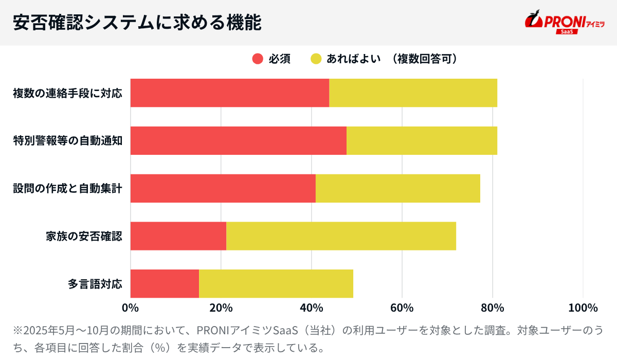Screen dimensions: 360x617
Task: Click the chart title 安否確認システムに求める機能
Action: point(137,23)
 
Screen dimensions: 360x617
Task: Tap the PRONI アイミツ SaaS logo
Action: point(564,23)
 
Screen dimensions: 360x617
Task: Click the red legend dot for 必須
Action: point(258,59)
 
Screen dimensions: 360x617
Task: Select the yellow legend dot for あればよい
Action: point(316,59)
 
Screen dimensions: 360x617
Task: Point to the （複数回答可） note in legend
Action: point(422,59)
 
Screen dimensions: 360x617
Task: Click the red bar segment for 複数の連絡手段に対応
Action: point(229,93)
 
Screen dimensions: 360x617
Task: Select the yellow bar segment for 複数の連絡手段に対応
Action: point(413,93)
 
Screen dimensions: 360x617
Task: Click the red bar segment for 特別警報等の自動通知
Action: point(238,140)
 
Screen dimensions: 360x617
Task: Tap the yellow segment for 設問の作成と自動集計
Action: point(397,188)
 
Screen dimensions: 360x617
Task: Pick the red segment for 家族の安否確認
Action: point(178,236)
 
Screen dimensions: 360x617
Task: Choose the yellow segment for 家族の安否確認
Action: point(341,236)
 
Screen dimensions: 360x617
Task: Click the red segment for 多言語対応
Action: point(165,283)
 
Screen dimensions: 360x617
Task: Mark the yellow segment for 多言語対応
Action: point(276,283)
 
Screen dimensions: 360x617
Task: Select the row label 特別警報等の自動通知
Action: point(67,140)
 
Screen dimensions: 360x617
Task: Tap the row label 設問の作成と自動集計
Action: point(67,188)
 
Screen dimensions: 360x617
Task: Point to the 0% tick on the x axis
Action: point(130,308)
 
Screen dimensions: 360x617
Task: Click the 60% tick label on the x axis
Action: point(402,308)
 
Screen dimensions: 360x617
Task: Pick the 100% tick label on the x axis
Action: point(583,308)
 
